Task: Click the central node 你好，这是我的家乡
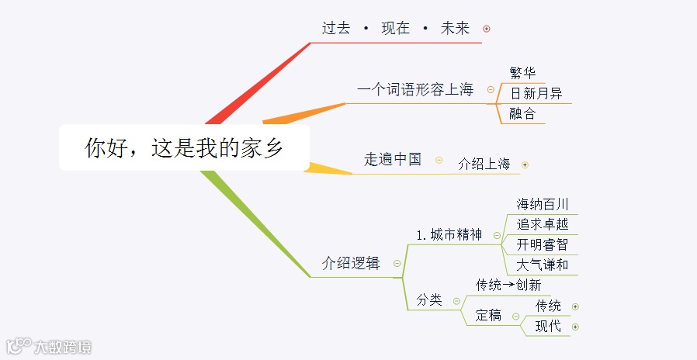(184, 148)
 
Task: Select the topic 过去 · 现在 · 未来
(396, 29)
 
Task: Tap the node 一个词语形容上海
(414, 89)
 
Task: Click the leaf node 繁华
(522, 74)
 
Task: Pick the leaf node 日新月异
(536, 94)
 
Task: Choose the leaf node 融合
(522, 114)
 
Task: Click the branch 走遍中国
(393, 160)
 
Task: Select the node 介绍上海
(484, 164)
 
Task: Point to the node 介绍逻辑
(351, 263)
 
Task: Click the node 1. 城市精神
(449, 235)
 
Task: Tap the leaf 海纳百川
(543, 204)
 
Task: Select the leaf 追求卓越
(543, 224)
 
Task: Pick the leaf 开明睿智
(543, 244)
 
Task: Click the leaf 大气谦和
(543, 265)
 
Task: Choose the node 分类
(429, 300)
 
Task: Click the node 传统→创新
(508, 285)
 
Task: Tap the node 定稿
(488, 316)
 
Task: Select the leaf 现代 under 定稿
(548, 327)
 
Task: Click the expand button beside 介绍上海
(525, 164)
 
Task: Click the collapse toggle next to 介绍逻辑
(397, 263)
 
